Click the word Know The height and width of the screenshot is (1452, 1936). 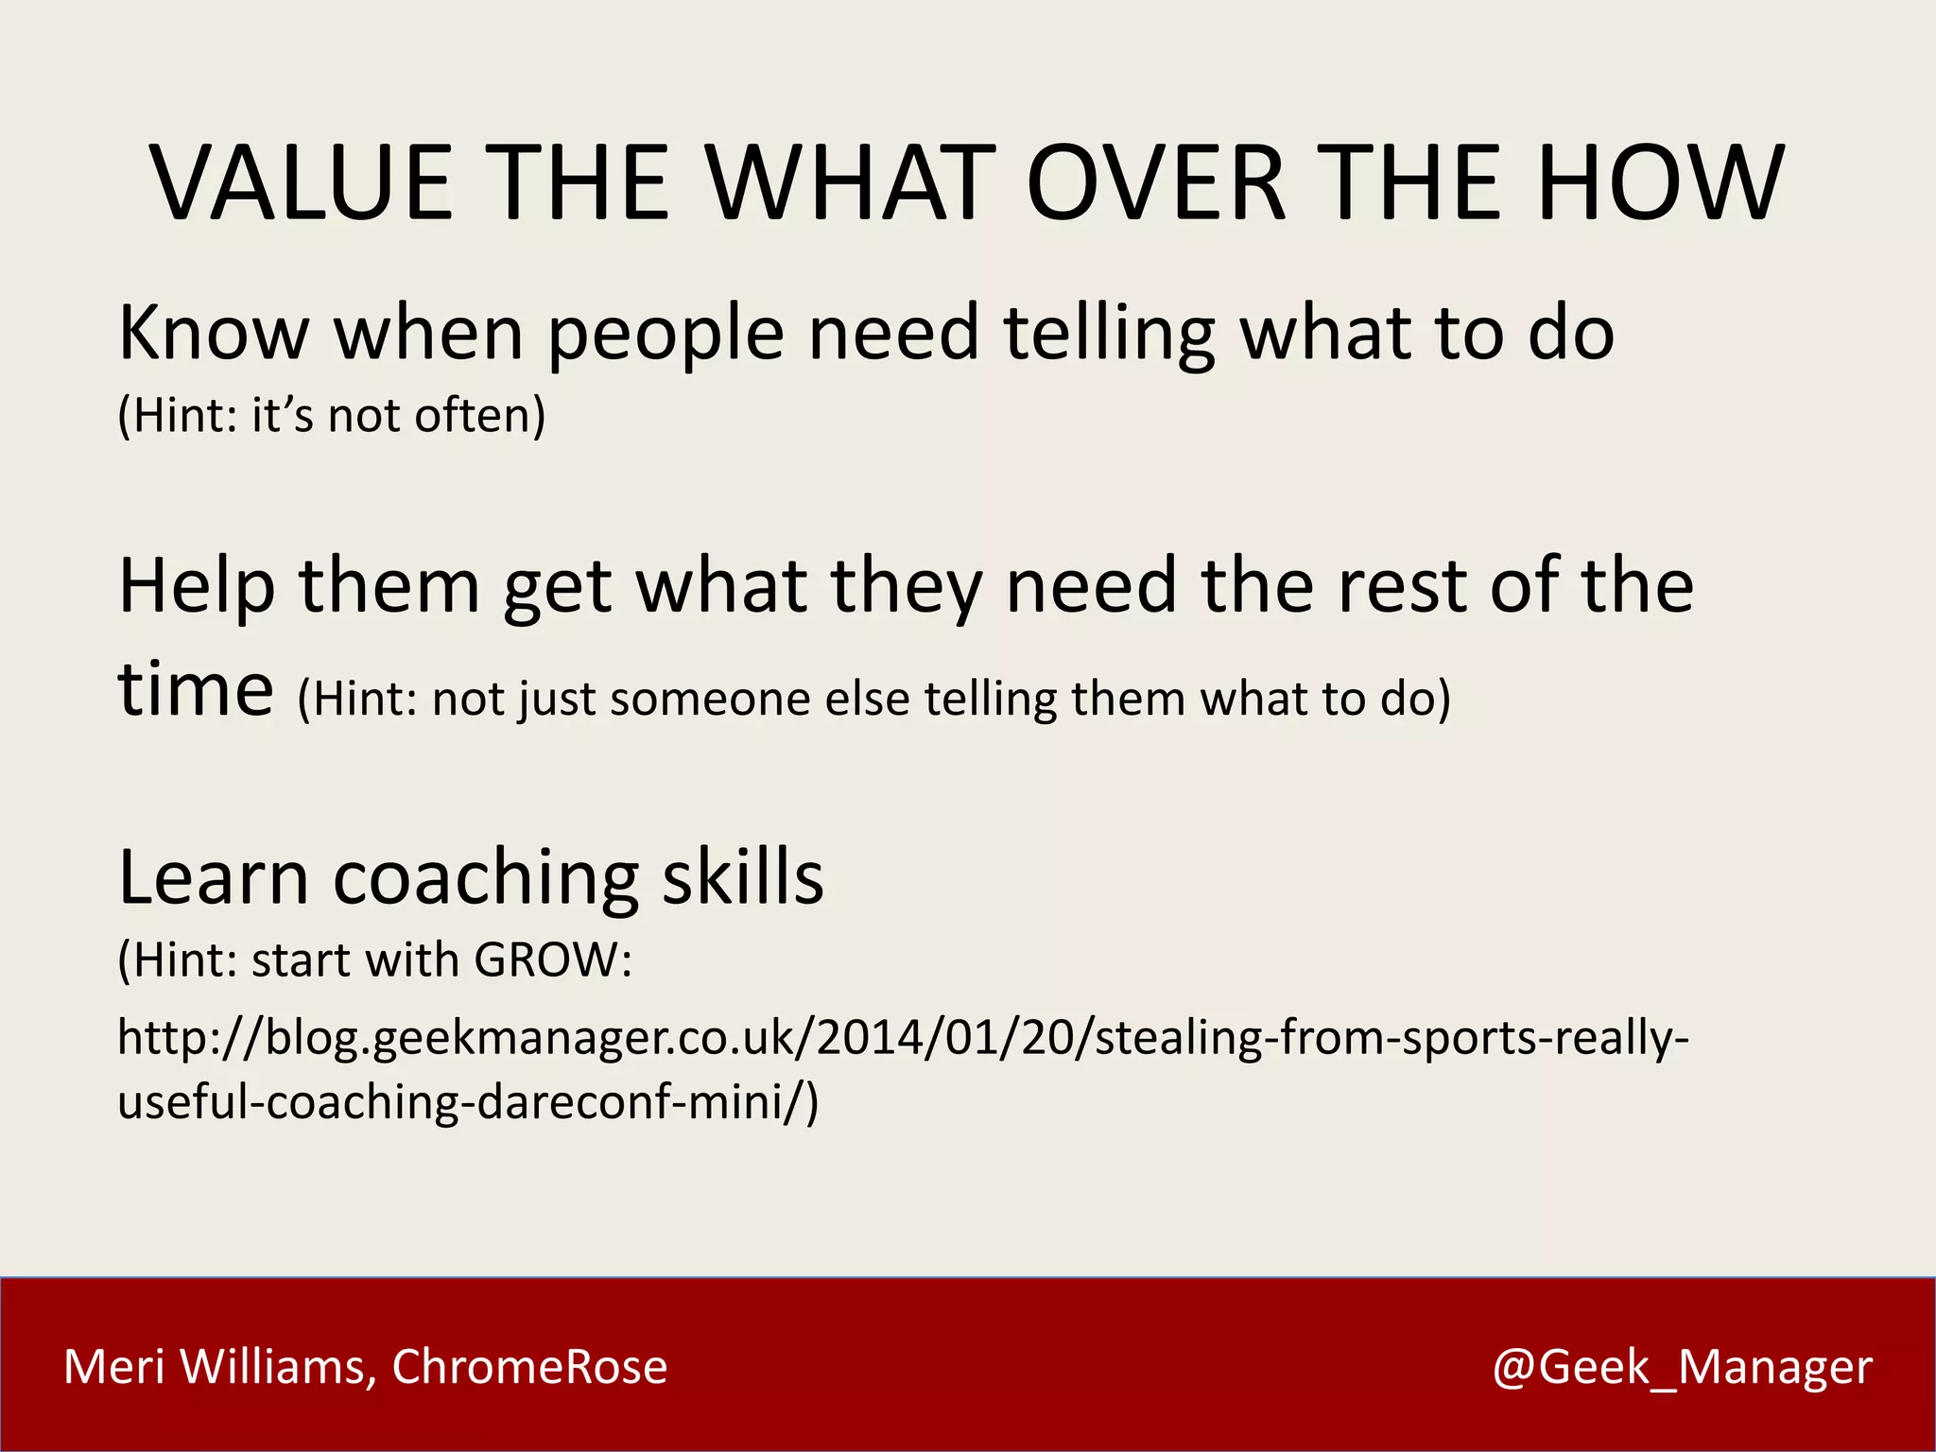click(214, 333)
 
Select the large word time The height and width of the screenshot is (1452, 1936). click(196, 689)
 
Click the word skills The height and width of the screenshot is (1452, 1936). click(742, 878)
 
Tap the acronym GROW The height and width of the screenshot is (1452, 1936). click(545, 960)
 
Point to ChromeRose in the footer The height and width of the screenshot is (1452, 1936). click(529, 1367)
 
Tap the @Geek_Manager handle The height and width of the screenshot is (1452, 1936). click(1682, 1367)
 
